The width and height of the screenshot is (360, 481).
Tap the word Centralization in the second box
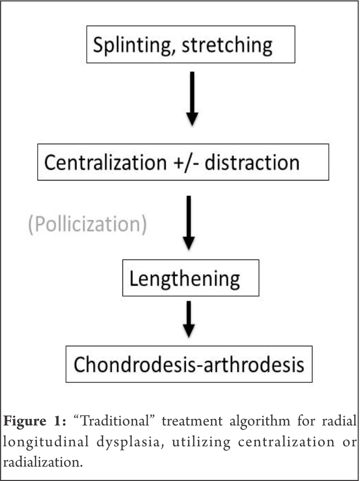102,163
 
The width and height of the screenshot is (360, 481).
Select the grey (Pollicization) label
87,224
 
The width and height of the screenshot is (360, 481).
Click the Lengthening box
190,278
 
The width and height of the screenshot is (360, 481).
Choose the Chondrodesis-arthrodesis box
189,364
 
